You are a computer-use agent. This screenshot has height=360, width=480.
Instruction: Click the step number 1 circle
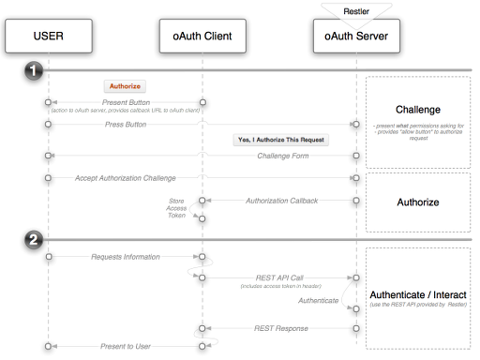34,71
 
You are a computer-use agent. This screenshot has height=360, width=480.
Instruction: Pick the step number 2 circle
34,240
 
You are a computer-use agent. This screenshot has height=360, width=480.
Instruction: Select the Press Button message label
124,123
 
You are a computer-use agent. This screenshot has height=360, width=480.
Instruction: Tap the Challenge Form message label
285,155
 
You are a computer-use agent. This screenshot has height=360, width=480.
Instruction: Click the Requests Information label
126,256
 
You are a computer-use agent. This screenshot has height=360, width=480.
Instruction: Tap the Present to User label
124,346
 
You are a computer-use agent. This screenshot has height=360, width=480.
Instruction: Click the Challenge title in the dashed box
418,109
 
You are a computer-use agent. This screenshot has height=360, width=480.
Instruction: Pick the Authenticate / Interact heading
418,296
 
